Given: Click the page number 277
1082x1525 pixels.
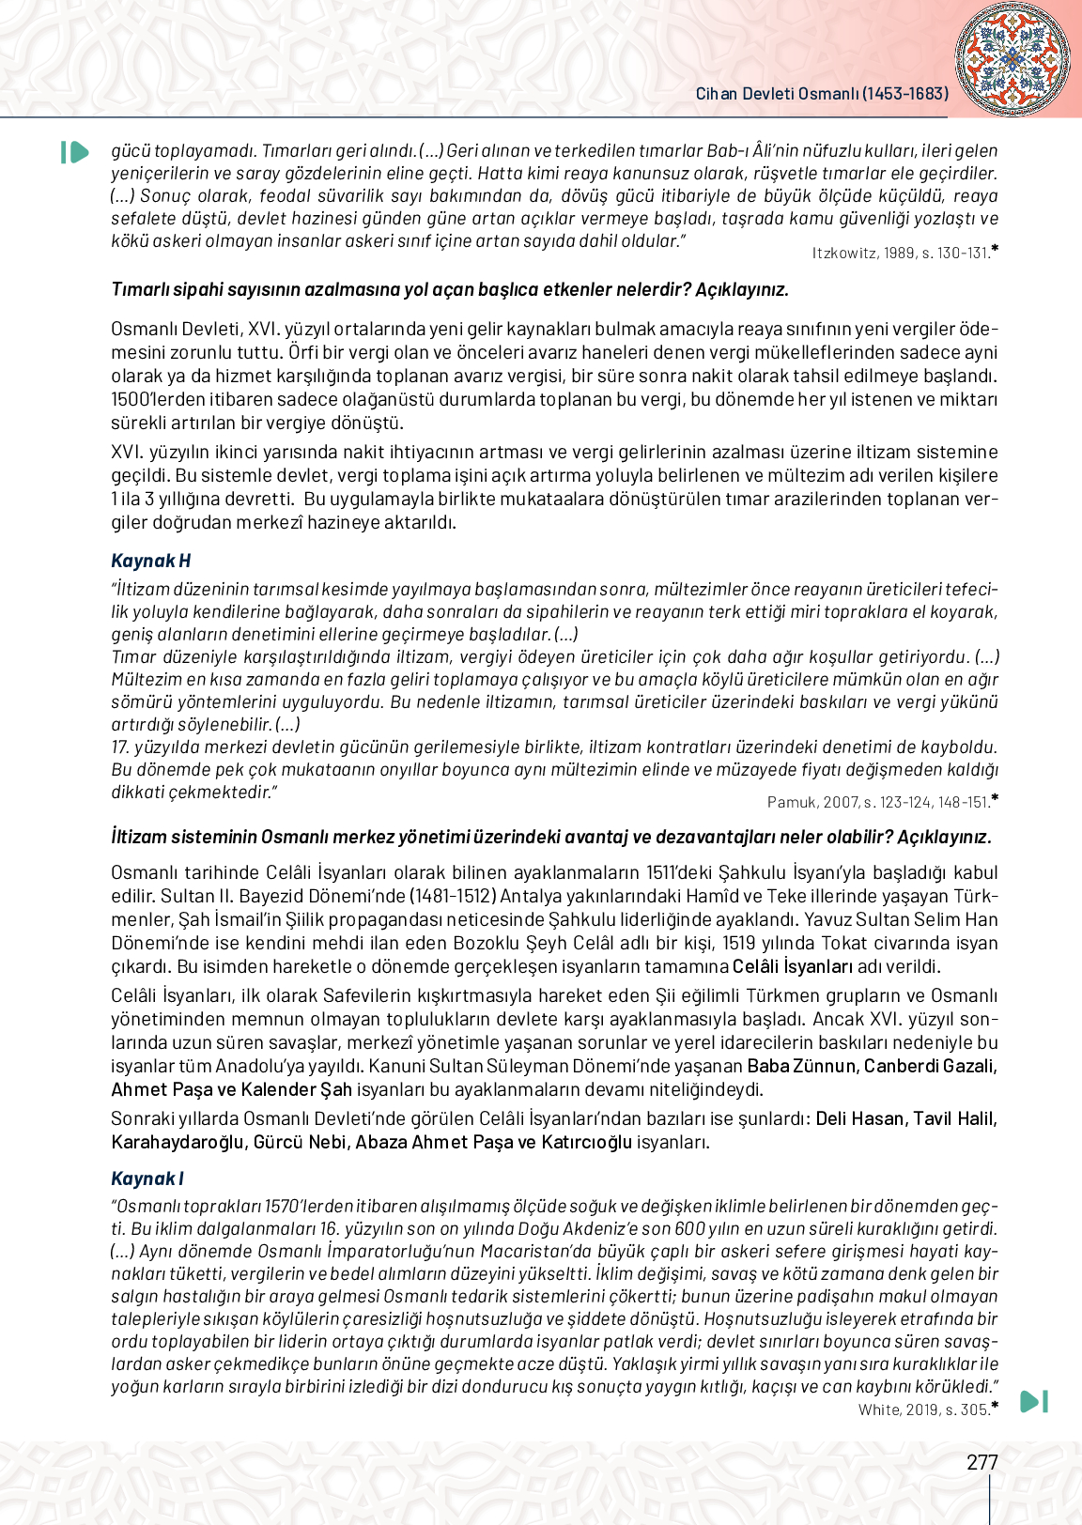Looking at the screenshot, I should [982, 1462].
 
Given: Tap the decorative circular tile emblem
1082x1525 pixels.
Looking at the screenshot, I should [1012, 58].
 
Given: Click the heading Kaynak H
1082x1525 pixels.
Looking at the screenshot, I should [150, 561].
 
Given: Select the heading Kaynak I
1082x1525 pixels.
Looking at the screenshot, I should [147, 1178].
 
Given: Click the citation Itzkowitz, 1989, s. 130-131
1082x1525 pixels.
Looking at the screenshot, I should [900, 253].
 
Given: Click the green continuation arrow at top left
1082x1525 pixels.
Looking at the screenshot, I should [74, 152].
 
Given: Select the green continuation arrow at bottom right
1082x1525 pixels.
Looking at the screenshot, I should [1033, 1401].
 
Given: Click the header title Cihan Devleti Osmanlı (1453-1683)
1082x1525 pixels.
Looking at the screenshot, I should [822, 94].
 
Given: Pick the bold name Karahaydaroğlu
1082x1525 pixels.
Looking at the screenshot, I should [178, 1142].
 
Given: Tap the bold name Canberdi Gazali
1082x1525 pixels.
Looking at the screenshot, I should [930, 1066].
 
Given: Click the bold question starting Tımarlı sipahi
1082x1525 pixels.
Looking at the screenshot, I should [450, 289].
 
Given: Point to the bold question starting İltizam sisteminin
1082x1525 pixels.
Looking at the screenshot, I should [551, 837].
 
